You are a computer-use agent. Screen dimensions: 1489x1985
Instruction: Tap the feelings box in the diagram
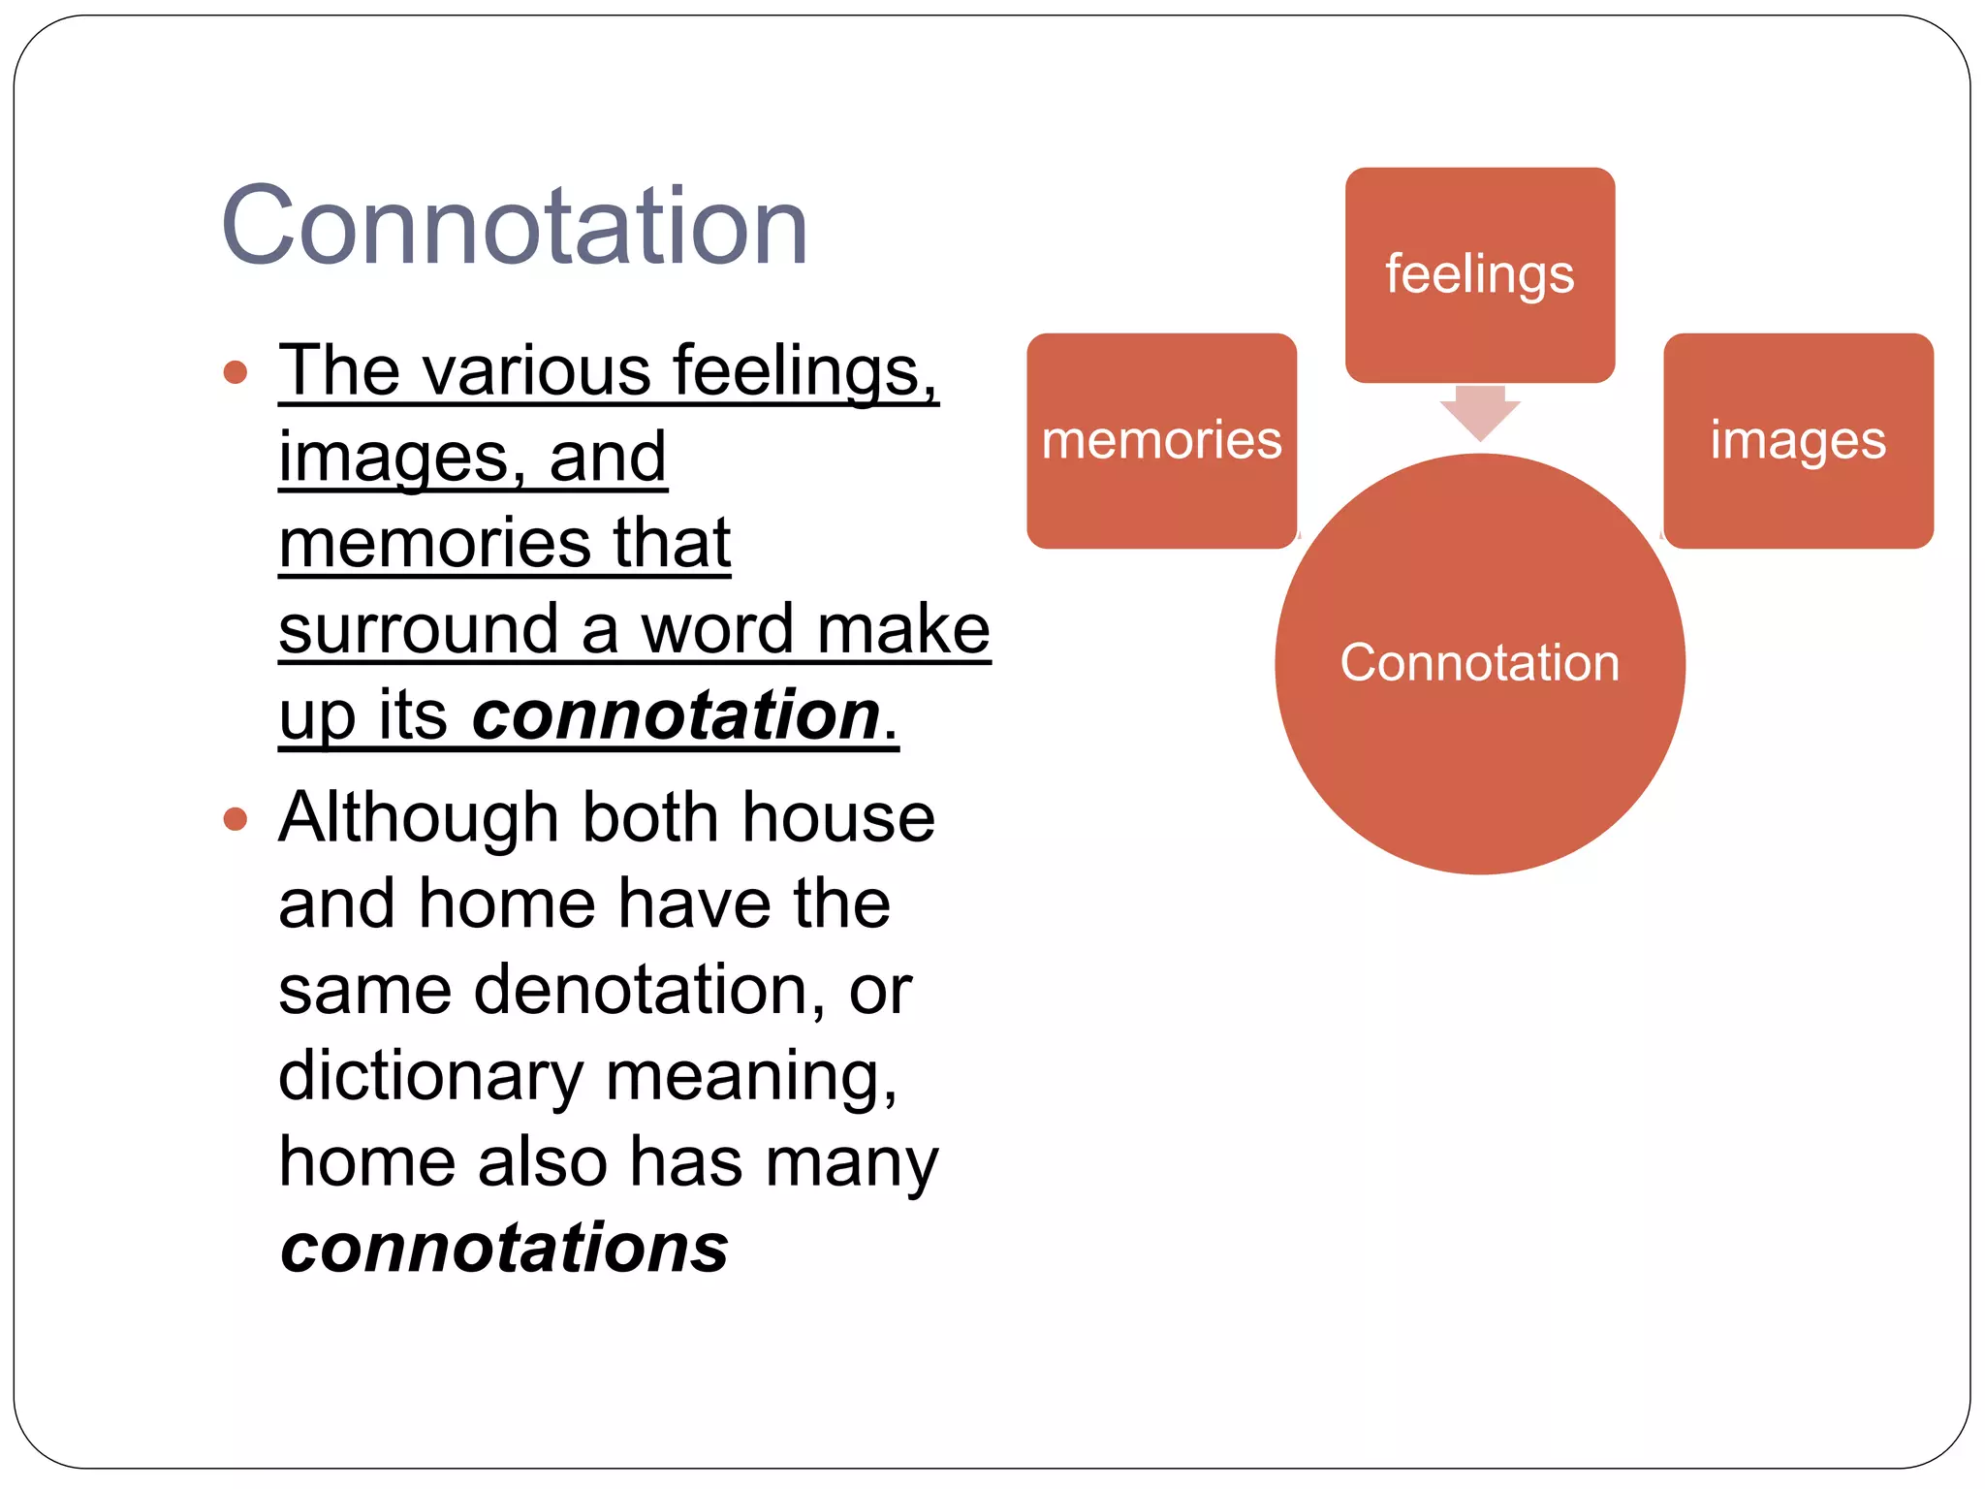tap(1479, 274)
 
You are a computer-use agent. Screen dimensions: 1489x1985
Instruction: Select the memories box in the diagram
tap(1161, 441)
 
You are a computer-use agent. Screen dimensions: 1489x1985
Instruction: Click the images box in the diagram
tap(1798, 441)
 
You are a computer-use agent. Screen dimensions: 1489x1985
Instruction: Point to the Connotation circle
tap(1479, 664)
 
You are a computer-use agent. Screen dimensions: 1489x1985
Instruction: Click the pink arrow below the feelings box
tap(1479, 412)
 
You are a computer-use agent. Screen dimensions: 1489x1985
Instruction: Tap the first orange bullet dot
tap(236, 372)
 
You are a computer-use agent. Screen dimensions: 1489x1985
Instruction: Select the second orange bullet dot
tap(236, 819)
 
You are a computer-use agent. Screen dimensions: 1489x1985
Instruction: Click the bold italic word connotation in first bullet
tap(676, 715)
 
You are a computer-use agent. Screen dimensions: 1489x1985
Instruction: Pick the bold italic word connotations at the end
tap(504, 1248)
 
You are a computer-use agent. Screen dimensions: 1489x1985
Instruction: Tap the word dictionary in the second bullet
tap(430, 1076)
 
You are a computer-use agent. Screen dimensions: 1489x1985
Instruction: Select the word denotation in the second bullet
tap(640, 990)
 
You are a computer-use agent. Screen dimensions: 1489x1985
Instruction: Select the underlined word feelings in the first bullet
tap(804, 371)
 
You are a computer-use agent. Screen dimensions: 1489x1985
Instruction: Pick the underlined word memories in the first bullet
tap(433, 543)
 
